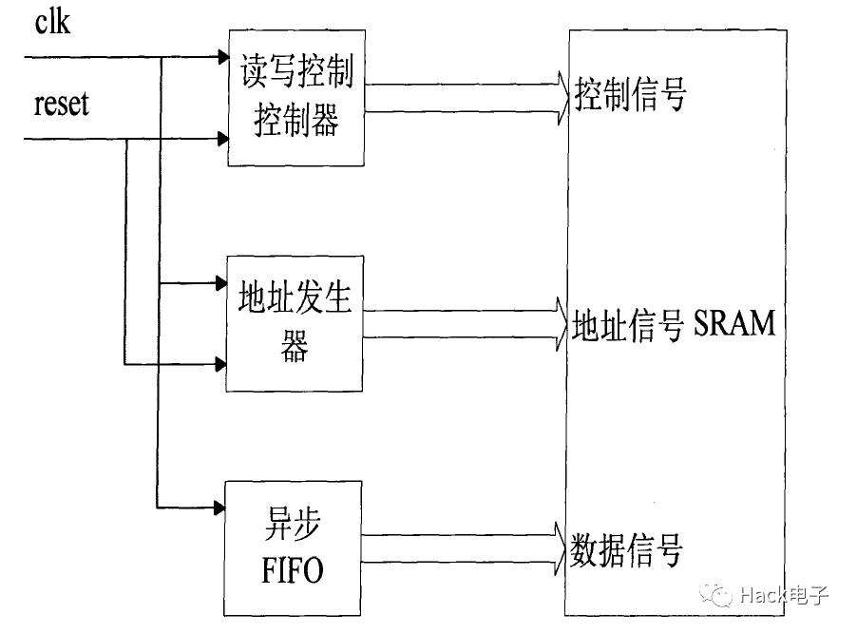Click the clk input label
52,21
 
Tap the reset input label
61,104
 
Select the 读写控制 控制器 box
295,98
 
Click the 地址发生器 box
295,323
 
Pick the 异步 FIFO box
293,547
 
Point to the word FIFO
293,571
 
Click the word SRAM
734,325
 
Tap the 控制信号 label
629,96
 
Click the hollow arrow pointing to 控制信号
466,99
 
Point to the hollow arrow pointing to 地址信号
466,323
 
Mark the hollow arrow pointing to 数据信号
466,548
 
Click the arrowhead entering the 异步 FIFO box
219,506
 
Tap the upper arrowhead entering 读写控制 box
221,57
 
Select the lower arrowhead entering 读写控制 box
221,140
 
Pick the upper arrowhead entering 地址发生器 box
219,282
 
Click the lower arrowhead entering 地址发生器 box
219,363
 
